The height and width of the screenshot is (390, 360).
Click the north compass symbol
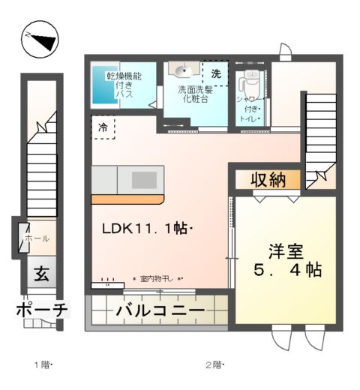(40, 40)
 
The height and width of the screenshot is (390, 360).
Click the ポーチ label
(41, 310)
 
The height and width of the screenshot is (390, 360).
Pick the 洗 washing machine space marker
(216, 74)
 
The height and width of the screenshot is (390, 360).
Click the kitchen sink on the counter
(144, 180)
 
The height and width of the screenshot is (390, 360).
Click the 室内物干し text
(157, 278)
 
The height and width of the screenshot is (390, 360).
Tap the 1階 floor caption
(41, 365)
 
